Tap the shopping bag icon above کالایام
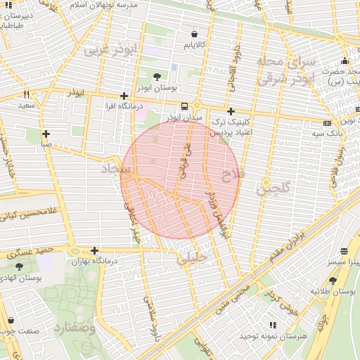[195, 34]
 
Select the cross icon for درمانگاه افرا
[124, 96]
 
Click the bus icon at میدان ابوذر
[184, 106]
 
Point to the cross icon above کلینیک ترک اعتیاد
[231, 111]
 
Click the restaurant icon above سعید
[26, 94]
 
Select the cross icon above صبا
[46, 134]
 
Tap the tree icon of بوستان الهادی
[19, 267]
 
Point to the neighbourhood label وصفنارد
[72, 328]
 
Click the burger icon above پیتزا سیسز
[344, 251]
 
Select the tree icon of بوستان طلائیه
[333, 281]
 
